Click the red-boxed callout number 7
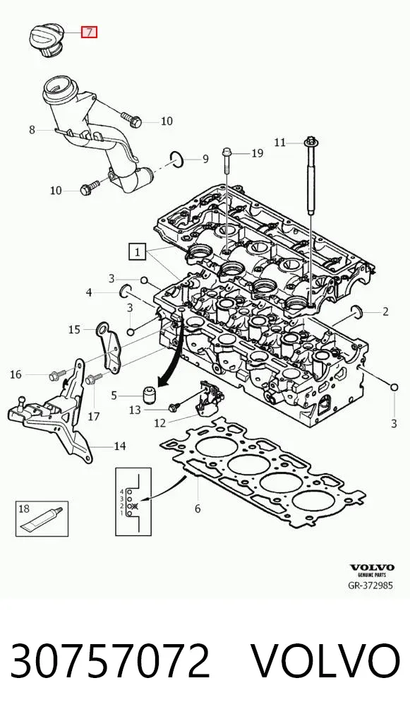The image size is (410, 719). click(90, 32)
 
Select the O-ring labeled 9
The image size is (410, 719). click(177, 158)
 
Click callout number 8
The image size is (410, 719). click(32, 130)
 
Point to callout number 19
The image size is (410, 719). click(258, 153)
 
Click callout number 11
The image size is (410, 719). click(279, 143)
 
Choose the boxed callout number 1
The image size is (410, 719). click(138, 251)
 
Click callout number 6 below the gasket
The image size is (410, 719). click(198, 508)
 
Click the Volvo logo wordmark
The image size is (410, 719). click(372, 568)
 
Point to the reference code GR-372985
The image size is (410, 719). click(370, 586)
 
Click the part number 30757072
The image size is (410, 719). click(110, 661)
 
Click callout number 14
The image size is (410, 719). click(119, 446)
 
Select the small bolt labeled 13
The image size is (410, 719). click(173, 408)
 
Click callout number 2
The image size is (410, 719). click(385, 311)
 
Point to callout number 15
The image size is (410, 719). click(74, 329)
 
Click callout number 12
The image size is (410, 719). click(159, 422)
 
